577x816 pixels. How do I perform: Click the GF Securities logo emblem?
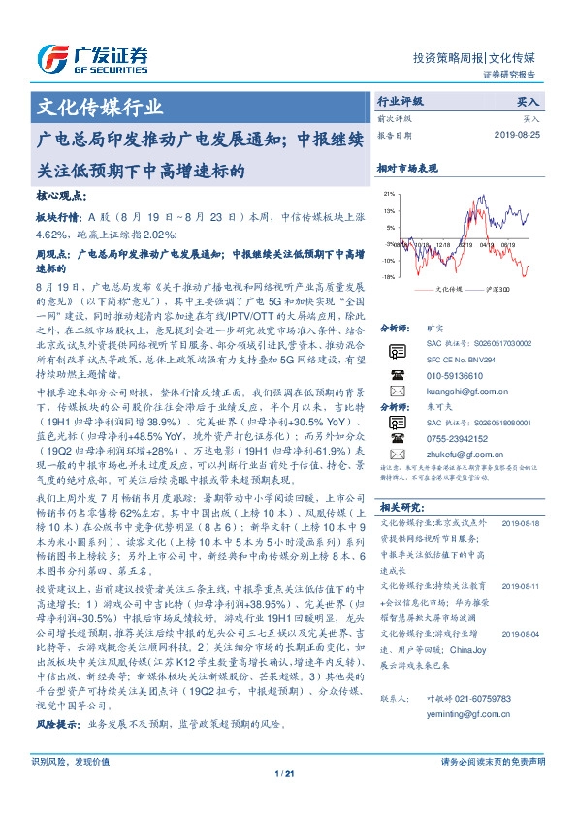(x=51, y=56)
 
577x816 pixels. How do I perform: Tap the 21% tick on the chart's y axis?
(x=389, y=194)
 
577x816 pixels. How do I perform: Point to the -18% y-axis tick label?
(x=388, y=277)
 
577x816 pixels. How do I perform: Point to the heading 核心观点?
(x=59, y=194)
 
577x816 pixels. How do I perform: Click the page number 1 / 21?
(x=287, y=800)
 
